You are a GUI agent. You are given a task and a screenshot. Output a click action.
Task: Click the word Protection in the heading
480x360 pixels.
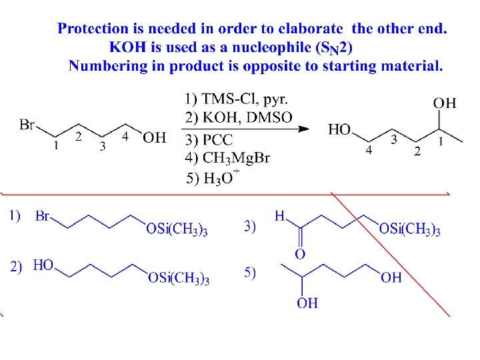coord(93,29)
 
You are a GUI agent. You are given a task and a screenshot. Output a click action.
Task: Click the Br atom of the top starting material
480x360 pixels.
coord(27,124)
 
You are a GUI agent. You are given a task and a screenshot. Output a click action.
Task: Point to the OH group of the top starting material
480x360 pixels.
coord(155,138)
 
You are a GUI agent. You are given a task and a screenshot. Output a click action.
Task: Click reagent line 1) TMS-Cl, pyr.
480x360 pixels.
coord(236,100)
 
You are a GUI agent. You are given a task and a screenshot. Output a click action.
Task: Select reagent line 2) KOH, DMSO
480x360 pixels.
coord(238,118)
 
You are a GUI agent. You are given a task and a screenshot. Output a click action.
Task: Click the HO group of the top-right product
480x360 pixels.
coord(340,129)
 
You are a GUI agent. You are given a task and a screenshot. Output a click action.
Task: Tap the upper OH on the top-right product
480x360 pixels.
coord(445,103)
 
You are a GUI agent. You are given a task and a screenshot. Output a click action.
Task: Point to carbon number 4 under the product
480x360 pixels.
coord(369,151)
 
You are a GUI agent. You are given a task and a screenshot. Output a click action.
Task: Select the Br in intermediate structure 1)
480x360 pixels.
coord(43,216)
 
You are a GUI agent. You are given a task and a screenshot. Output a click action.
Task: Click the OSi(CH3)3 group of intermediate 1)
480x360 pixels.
coord(176,231)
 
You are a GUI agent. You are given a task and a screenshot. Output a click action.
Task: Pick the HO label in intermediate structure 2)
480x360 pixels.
coord(43,265)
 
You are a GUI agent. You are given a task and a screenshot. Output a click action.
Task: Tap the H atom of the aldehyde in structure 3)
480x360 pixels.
coord(280,216)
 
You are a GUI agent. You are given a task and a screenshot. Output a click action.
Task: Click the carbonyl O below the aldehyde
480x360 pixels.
coord(300,253)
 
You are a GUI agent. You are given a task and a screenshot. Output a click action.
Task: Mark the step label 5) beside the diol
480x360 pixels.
coord(250,273)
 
